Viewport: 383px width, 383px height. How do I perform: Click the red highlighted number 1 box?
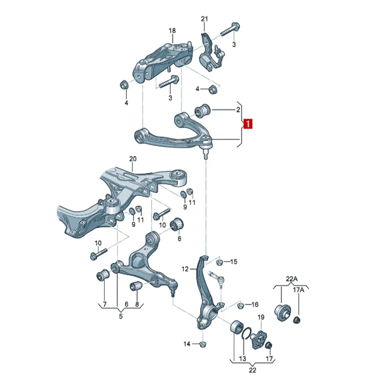[248, 124]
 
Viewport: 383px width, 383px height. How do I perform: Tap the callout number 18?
[172, 31]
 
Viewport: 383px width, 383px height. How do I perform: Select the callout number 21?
[204, 19]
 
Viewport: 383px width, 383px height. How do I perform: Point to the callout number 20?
[133, 159]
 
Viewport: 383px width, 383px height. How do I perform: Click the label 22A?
[292, 279]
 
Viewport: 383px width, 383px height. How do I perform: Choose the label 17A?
[298, 290]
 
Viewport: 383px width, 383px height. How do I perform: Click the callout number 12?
[185, 269]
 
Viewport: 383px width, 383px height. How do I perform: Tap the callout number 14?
[187, 344]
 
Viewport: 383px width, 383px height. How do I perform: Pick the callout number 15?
[234, 261]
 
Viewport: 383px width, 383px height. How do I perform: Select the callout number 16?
[255, 304]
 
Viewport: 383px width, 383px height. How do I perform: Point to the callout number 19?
[261, 317]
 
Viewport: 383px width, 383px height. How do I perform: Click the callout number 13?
[243, 359]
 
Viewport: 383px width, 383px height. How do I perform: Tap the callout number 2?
[238, 110]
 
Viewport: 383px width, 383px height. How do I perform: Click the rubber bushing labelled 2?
[202, 111]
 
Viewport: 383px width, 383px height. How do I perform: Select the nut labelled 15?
[219, 262]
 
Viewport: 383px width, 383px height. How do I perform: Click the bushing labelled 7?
[102, 275]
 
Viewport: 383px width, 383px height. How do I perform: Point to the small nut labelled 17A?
[297, 319]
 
